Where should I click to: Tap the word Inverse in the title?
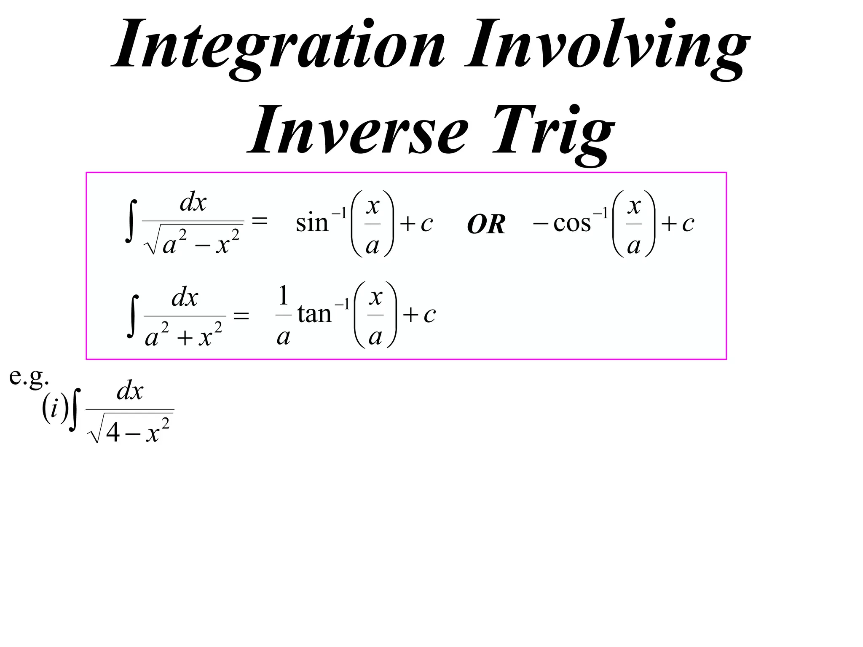pos(358,131)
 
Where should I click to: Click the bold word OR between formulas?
pos(486,224)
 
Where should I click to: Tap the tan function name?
pos(314,314)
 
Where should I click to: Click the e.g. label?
pos(29,377)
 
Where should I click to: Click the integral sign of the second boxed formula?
pos(133,316)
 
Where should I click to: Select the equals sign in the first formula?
pos(260,221)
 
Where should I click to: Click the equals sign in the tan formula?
pos(241,315)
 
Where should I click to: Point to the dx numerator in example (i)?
pos(130,391)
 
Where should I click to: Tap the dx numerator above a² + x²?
pos(185,298)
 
